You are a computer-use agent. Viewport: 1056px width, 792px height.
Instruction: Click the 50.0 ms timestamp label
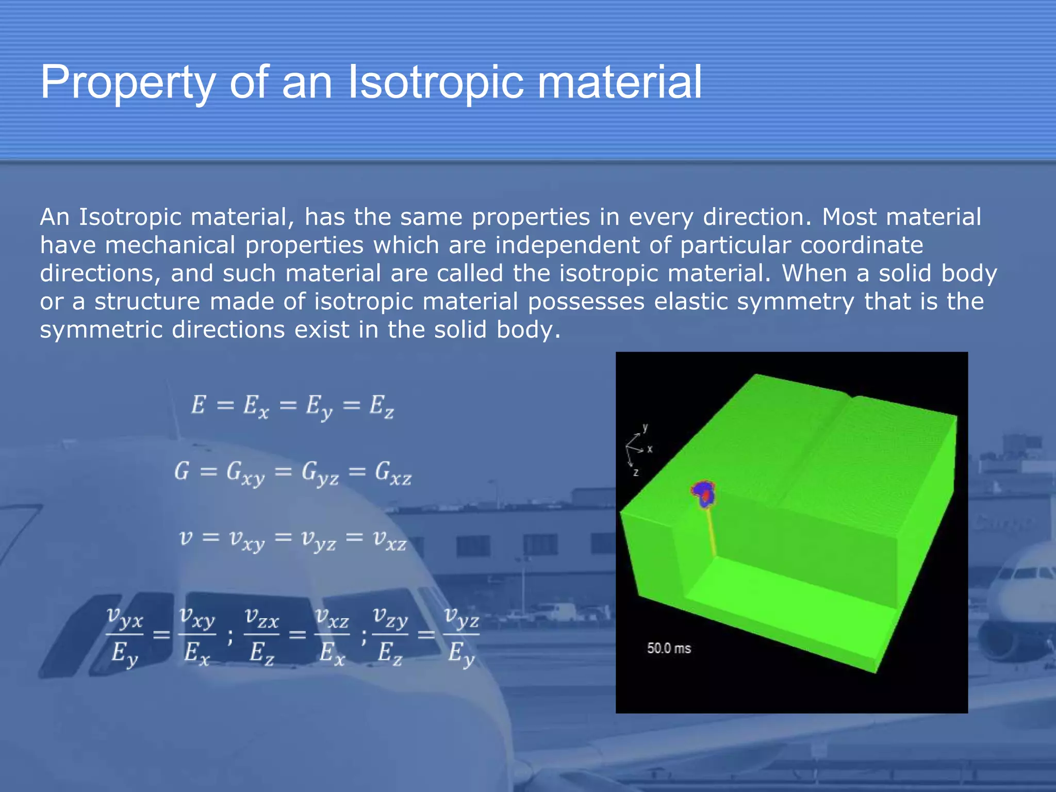point(669,648)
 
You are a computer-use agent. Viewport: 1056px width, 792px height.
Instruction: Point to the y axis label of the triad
point(645,427)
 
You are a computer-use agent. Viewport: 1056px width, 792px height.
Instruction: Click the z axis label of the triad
point(636,472)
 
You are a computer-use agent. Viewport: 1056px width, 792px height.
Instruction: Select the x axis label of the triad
point(650,449)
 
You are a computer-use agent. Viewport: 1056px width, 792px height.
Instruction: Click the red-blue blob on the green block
point(704,493)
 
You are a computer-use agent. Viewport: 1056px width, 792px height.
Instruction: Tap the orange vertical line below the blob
point(710,531)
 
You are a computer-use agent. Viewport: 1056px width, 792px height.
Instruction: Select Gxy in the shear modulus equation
point(245,473)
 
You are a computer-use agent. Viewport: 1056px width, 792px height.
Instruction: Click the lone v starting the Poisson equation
point(186,538)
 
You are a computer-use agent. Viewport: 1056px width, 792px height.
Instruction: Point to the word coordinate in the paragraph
point(861,245)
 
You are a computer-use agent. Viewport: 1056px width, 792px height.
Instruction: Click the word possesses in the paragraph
point(586,302)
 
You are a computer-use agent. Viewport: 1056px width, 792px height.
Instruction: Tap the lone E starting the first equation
point(198,405)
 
